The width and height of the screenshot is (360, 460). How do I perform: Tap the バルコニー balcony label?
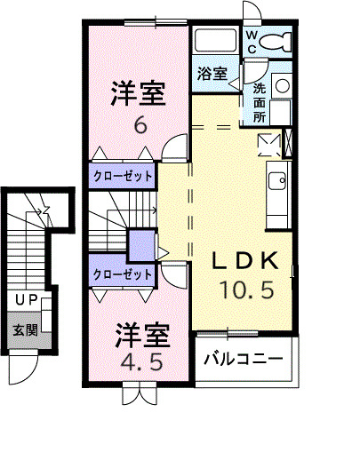click(242, 361)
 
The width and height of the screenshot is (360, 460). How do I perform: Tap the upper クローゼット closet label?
click(124, 175)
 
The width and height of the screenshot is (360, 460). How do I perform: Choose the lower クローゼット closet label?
click(123, 274)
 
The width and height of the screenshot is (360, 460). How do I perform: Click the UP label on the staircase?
click(23, 300)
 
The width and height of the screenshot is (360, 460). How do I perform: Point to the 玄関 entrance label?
click(24, 330)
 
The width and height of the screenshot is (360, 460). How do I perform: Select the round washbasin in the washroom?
click(280, 86)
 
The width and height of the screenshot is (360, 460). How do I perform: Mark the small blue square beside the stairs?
click(140, 243)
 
